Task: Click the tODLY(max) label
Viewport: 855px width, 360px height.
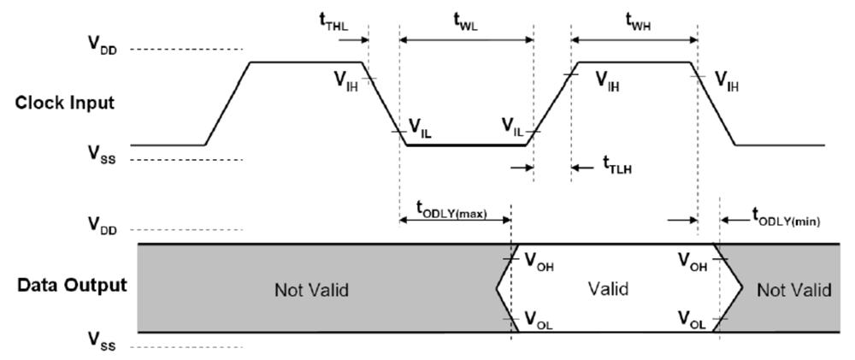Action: pyautogui.click(x=451, y=208)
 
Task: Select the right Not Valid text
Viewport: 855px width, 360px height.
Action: pyautogui.click(x=793, y=289)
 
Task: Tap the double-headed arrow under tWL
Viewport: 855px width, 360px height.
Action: pyautogui.click(x=466, y=38)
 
